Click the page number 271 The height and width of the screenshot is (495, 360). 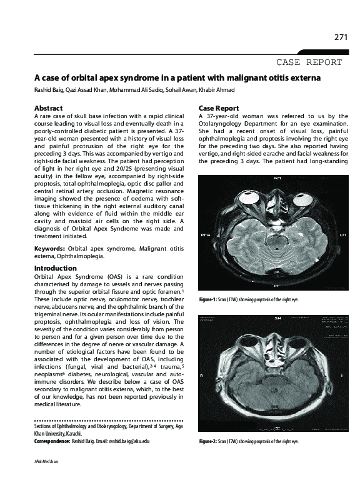341,37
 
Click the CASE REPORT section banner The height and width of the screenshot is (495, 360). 309,62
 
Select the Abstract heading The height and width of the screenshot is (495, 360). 48,108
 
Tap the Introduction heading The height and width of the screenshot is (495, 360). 56,268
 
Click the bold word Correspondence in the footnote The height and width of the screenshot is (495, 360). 51,441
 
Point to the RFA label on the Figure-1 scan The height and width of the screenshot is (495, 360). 205,236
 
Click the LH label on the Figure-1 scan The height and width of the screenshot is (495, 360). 342,236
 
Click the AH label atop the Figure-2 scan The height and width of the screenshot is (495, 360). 277,318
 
